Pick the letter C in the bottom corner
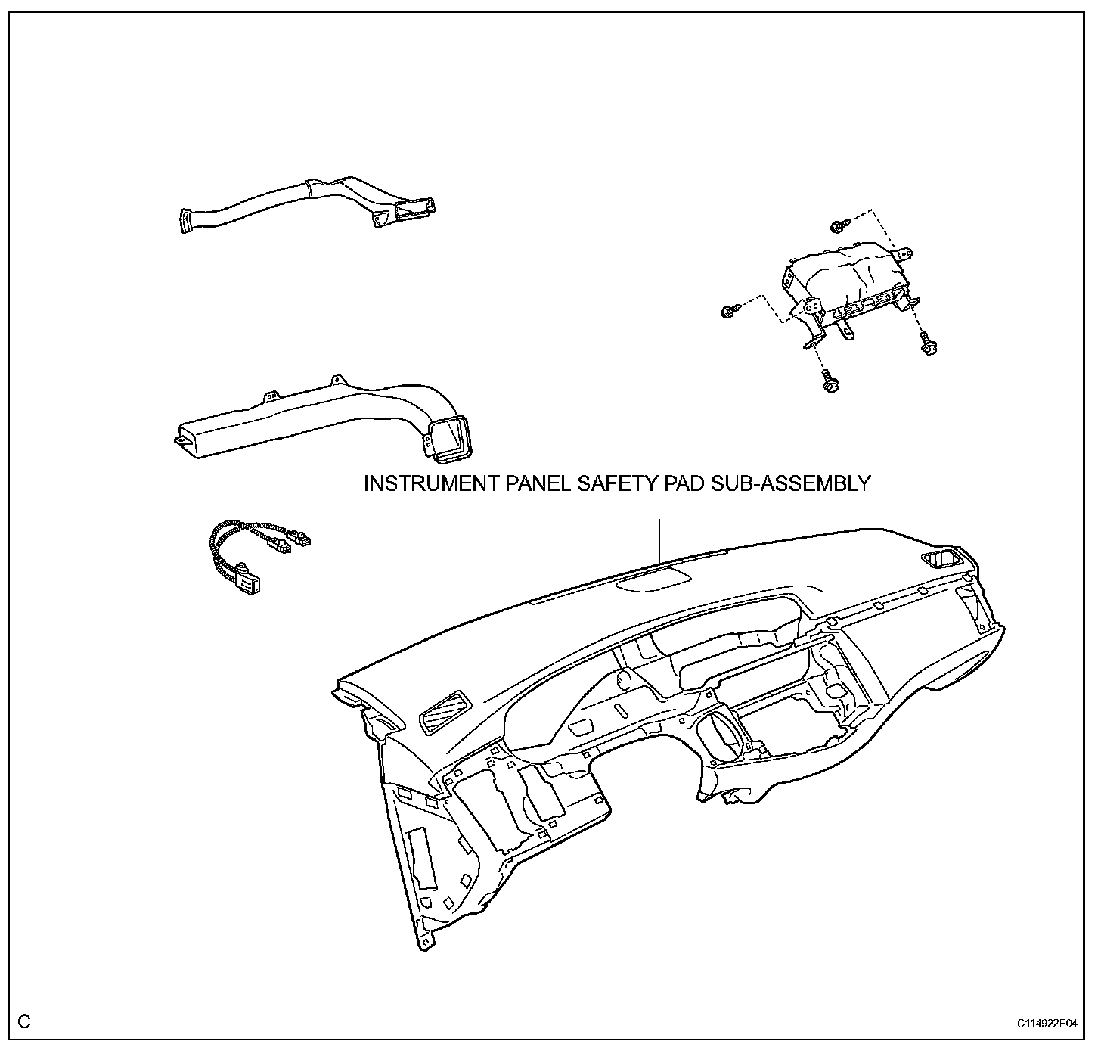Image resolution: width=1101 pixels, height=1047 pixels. (x=25, y=1022)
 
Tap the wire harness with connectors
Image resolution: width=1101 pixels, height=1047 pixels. (x=250, y=548)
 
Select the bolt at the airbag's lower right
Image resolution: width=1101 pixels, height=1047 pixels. (x=928, y=344)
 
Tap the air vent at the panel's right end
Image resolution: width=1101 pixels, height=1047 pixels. (x=941, y=560)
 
